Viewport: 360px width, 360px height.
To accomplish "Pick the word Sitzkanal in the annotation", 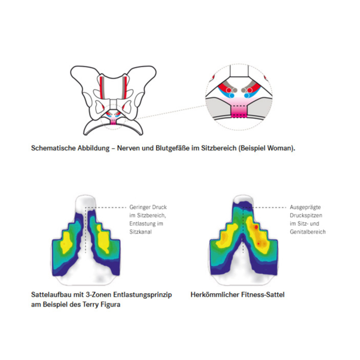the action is (140, 232).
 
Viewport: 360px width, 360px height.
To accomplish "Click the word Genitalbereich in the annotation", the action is (308, 232).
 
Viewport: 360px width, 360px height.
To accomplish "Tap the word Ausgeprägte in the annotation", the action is (305, 207).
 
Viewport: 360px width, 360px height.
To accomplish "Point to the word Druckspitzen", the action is (306, 215).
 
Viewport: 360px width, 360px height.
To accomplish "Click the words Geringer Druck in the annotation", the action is (148, 207).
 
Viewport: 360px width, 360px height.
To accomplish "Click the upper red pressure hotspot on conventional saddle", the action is (256, 227).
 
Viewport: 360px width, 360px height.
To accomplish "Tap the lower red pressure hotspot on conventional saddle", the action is (258, 243).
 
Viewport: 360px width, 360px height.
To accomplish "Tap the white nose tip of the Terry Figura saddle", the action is (85, 202).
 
